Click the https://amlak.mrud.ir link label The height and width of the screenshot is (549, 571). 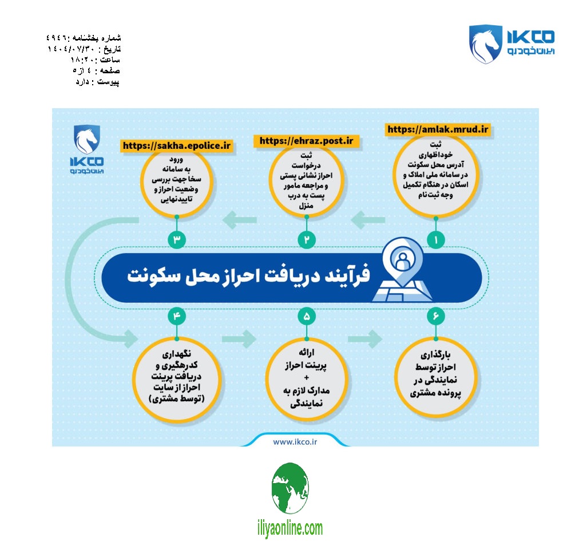click(x=439, y=129)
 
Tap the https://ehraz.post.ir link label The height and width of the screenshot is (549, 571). click(x=307, y=141)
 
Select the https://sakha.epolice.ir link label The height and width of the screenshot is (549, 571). click(x=176, y=146)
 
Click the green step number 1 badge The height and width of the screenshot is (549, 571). click(x=437, y=240)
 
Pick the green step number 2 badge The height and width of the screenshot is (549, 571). click(x=307, y=240)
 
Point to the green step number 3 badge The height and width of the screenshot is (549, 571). click(x=176, y=240)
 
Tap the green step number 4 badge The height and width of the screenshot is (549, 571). click(x=176, y=315)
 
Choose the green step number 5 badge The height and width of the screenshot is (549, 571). click(x=307, y=315)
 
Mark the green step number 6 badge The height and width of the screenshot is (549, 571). click(x=437, y=315)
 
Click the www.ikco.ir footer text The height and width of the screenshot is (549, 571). click(x=295, y=441)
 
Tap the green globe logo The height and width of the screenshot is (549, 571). click(x=290, y=488)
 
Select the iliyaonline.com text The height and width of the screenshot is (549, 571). click(x=291, y=528)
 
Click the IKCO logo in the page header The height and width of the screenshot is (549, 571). click(x=511, y=43)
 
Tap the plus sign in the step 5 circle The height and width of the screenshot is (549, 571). click(x=306, y=378)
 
